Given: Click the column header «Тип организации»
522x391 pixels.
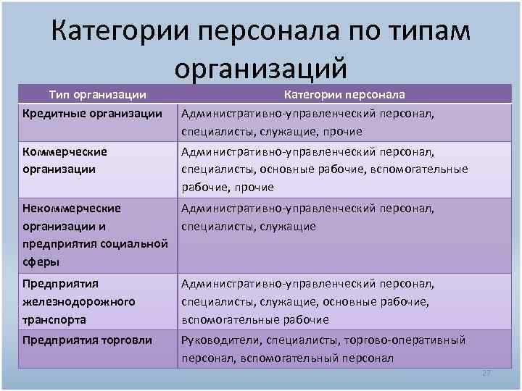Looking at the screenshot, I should (x=98, y=95).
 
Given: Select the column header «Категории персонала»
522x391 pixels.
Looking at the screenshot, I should (x=344, y=95).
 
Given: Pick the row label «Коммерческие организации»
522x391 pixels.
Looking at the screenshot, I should (x=65, y=160).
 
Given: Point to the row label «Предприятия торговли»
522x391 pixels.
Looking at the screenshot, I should (x=88, y=340).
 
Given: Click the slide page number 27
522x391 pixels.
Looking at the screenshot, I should (x=486, y=373).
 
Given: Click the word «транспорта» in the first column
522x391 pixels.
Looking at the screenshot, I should (x=54, y=319).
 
